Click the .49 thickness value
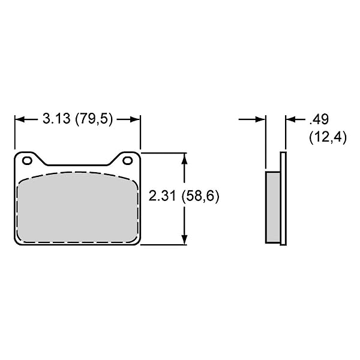[x=319, y=119]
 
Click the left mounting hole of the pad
[x=27, y=160]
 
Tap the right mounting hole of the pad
[x=127, y=160]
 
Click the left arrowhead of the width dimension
[x=20, y=119]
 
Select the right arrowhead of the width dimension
[x=135, y=119]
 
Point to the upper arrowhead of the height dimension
[x=184, y=158]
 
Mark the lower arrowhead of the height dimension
[x=184, y=239]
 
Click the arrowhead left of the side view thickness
[x=260, y=119]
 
